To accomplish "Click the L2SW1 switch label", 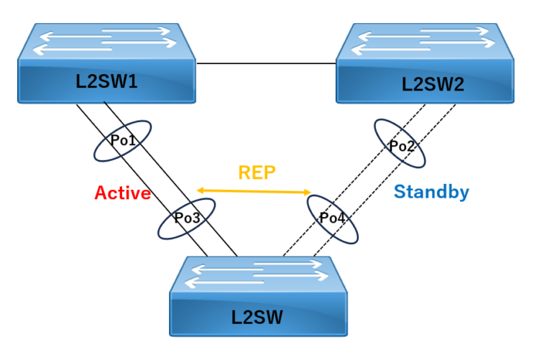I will point(106,80).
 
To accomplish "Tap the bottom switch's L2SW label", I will point(257,316).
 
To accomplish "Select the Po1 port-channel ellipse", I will point(123,141).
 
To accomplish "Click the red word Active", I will point(122,193).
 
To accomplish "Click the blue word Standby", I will point(431,192).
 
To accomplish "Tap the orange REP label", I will point(257,172).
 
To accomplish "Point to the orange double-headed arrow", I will point(254,191).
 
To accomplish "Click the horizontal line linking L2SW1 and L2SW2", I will point(266,63).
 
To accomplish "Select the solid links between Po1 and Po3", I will point(155,180).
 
